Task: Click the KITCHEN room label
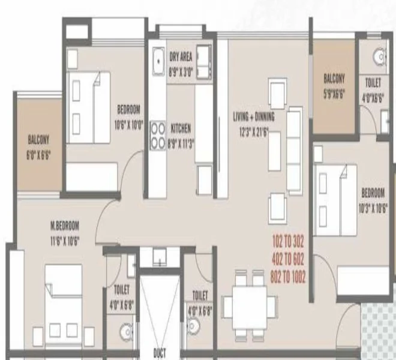tap(181, 128)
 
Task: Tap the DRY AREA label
tap(181, 56)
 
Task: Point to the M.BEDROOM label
tap(65, 226)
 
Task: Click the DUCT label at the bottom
tap(159, 353)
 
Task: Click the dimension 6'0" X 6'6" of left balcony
tap(38, 154)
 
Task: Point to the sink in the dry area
tap(158, 60)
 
